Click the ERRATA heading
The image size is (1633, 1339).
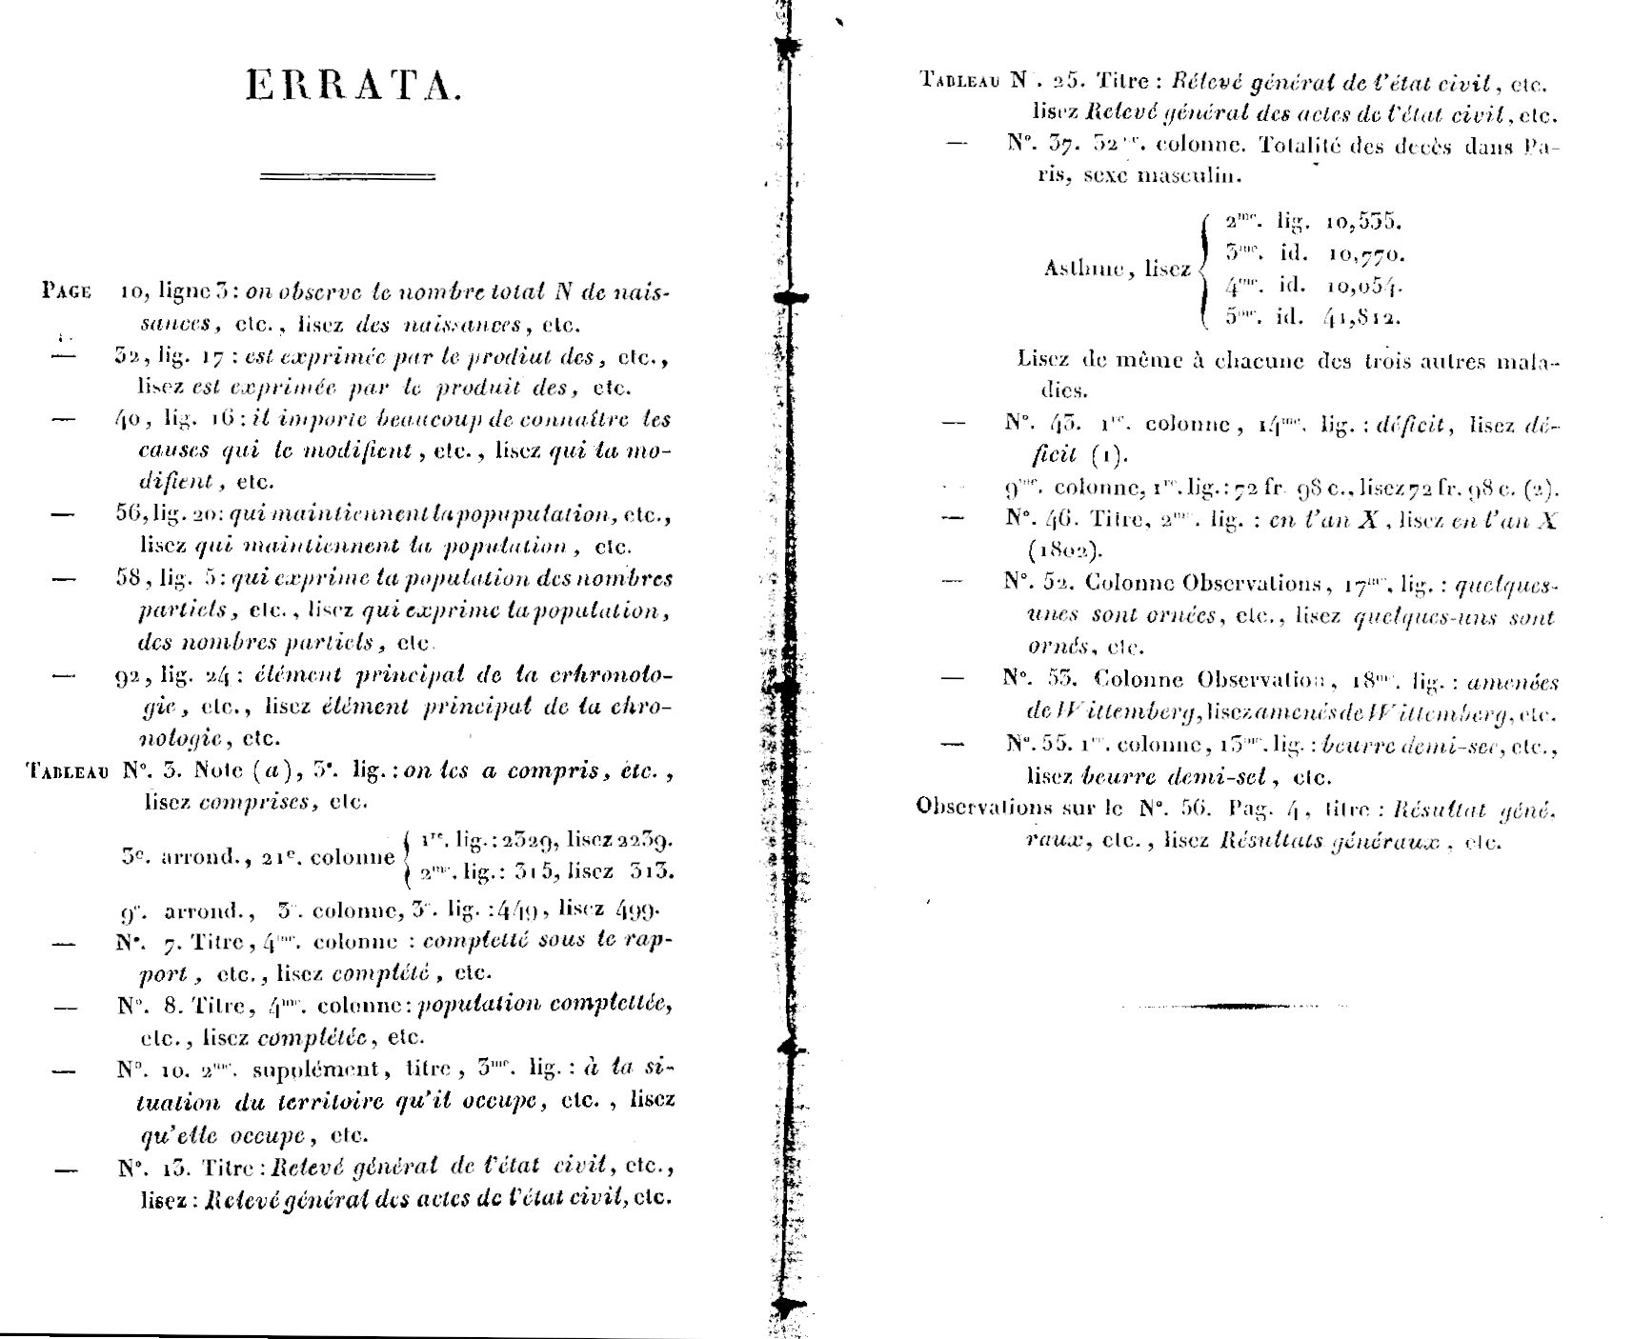pyautogui.click(x=353, y=87)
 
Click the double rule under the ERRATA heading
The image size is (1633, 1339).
pyautogui.click(x=348, y=176)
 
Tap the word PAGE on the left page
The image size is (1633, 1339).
pyautogui.click(x=67, y=291)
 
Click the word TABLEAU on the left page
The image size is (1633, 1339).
pyautogui.click(x=68, y=772)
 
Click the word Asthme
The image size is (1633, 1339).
pyautogui.click(x=1080, y=270)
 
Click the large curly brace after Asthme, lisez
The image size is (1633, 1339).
pyautogui.click(x=1203, y=270)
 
